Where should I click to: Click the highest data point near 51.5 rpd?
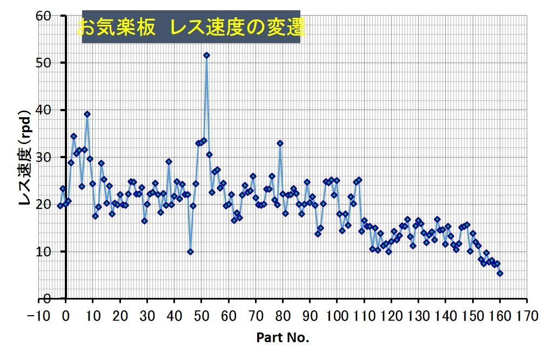click(206, 55)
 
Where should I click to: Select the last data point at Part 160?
click(500, 273)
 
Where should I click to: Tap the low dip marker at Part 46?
click(190, 252)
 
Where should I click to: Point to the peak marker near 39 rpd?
click(87, 114)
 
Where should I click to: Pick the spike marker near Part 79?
click(280, 143)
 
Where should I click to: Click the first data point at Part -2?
click(60, 206)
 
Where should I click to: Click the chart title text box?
click(191, 26)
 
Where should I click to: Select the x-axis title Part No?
click(283, 338)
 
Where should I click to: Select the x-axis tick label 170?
click(527, 314)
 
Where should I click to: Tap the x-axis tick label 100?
click(337, 314)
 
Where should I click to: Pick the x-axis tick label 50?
click(201, 314)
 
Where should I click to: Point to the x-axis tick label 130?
click(418, 314)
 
